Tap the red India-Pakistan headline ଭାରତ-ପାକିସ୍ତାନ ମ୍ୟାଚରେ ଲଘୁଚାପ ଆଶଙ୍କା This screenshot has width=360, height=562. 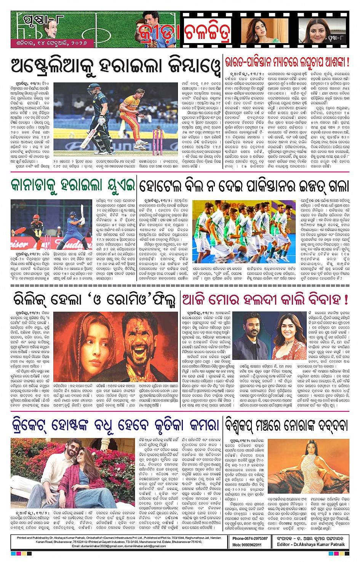pyautogui.click(x=287, y=62)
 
